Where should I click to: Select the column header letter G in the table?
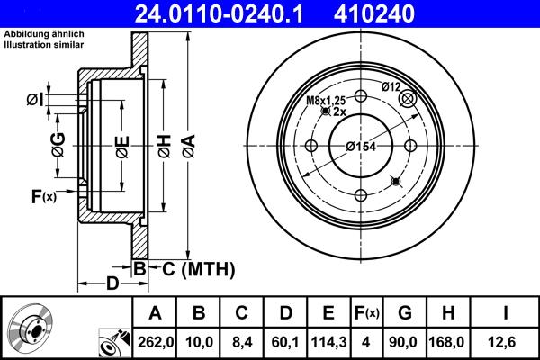coord(406,312)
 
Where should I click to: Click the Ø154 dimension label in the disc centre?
coord(361,148)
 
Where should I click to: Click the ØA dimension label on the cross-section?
coord(187,145)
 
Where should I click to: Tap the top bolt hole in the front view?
coord(361,97)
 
